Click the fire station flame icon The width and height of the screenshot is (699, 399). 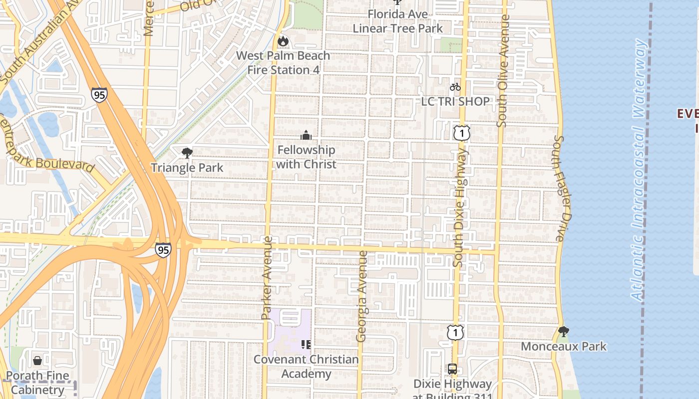pos(283,41)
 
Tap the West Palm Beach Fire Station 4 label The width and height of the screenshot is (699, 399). pos(283,63)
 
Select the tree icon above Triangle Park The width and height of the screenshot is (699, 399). pos(187,153)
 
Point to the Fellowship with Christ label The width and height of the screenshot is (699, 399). pos(306,157)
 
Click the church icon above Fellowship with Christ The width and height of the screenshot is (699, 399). pos(306,135)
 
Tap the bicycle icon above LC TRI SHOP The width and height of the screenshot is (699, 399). pos(455,87)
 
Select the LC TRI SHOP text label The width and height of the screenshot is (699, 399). pos(455,101)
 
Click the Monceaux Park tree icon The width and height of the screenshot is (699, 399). pos(564,331)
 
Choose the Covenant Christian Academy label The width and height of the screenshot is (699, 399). pos(306,367)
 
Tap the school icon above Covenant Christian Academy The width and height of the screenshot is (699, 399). pos(306,344)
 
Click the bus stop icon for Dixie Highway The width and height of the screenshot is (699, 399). pos(452,369)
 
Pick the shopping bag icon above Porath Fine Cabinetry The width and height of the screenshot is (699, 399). pos(37,361)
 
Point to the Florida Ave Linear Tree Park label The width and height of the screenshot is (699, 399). pos(397,21)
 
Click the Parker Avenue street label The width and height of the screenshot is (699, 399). pos(267,278)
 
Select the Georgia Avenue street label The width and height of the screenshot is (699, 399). pos(361,296)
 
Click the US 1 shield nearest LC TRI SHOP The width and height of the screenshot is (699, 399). pos(462,133)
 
